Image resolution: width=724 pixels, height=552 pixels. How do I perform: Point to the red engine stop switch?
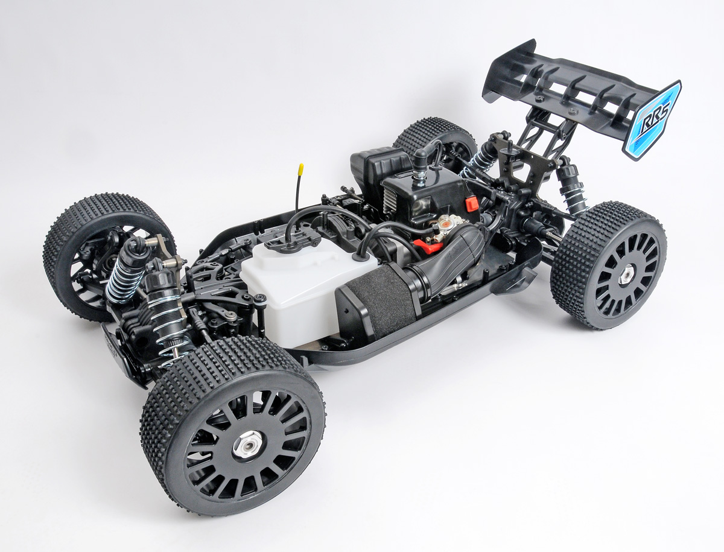(471, 205)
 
